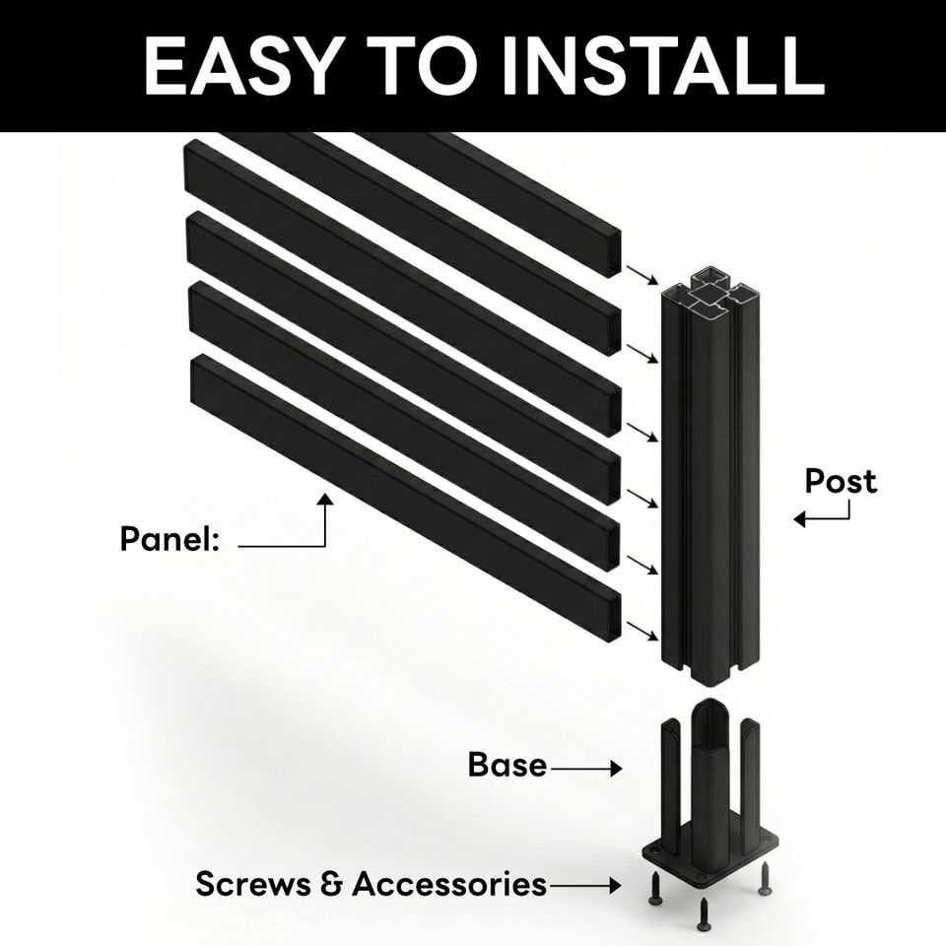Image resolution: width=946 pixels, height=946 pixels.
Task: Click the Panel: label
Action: click(x=169, y=540)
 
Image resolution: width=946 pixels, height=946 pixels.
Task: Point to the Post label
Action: click(x=840, y=481)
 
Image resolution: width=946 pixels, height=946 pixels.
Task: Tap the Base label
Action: click(x=507, y=765)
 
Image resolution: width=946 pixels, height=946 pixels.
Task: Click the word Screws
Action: click(x=252, y=883)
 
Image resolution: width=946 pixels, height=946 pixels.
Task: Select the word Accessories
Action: click(x=448, y=883)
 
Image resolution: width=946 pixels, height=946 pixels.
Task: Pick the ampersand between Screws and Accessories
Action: click(x=331, y=884)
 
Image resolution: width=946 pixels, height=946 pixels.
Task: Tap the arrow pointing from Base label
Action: click(x=587, y=767)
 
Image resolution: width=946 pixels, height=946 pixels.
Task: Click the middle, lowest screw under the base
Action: click(x=704, y=915)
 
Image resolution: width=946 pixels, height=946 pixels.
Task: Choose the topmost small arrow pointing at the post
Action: click(x=642, y=273)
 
